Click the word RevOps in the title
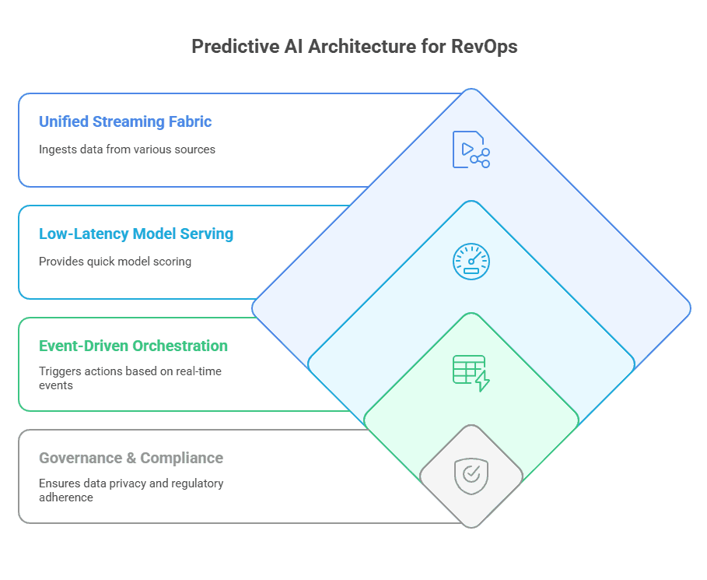[484, 47]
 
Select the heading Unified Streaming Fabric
[125, 122]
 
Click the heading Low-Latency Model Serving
[136, 234]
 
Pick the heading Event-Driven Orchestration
[133, 346]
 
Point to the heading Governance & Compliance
[131, 458]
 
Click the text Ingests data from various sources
[127, 149]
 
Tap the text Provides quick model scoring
[115, 262]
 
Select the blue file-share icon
[471, 149]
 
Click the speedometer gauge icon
[471, 262]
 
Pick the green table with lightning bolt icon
[471, 373]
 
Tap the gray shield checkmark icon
[471, 476]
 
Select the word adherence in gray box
[66, 497]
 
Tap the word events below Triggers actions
[56, 385]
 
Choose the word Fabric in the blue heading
[190, 122]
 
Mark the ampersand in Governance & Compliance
[131, 458]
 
